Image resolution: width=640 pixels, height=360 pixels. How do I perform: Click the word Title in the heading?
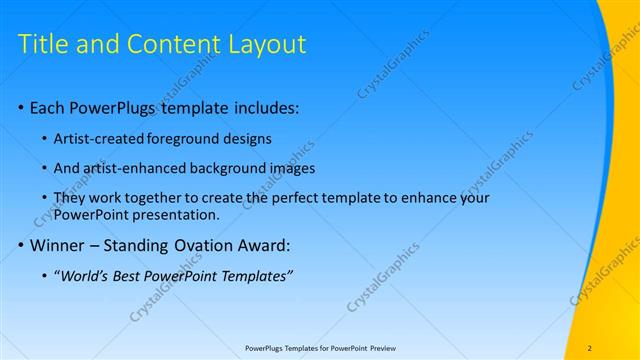45,44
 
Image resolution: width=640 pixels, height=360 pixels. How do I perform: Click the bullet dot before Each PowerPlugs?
22,107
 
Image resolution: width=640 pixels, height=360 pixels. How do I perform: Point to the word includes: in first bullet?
265,107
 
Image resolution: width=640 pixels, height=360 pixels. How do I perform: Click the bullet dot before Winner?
22,246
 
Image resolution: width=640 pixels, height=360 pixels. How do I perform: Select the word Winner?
59,246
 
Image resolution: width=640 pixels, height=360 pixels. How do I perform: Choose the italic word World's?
85,276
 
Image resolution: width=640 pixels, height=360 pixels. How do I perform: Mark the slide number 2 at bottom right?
590,348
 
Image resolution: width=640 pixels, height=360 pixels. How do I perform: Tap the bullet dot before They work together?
45,197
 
